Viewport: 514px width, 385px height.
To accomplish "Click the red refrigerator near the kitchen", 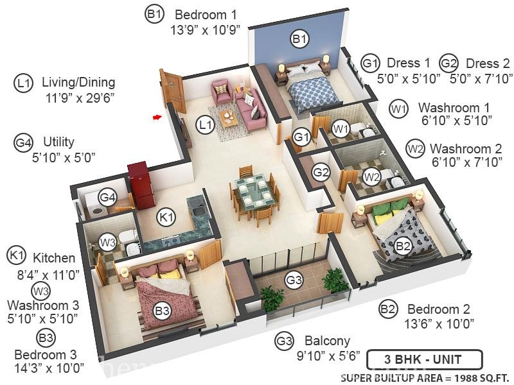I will coord(138,182).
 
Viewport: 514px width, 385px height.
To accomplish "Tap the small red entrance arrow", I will coord(156,117).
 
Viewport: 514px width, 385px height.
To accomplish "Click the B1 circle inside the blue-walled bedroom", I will coord(299,40).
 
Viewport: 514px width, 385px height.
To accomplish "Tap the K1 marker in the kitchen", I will coord(167,218).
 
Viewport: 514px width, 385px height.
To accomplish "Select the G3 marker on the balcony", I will coord(294,280).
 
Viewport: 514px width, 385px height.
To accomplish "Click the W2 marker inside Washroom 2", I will coord(371,175).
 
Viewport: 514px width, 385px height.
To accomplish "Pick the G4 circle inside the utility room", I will coord(107,197).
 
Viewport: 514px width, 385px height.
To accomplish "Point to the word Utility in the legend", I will coord(58,142).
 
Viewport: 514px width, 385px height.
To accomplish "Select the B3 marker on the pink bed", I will coord(163,311).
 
